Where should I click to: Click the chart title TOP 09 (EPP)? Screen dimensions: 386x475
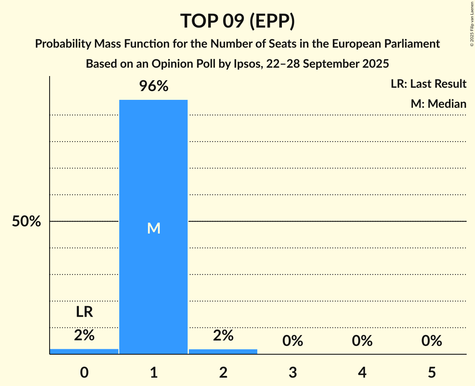237,21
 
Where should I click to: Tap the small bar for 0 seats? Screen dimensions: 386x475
84,351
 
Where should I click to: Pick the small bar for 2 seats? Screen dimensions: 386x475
223,351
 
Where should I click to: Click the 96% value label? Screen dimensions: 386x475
153,86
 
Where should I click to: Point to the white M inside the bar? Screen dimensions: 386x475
153,228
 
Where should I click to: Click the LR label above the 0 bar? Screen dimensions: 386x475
84,312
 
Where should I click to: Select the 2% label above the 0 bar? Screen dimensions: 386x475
84,335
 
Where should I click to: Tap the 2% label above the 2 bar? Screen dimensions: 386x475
223,335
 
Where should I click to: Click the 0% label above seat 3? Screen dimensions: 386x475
292,341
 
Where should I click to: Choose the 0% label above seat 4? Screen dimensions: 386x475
362,341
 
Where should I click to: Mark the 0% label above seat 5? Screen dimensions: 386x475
431,341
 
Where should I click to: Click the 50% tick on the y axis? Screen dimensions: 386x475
26,221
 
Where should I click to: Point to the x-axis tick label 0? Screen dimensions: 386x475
84,372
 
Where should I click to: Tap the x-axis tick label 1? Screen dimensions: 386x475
153,372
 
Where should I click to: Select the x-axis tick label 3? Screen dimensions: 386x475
292,372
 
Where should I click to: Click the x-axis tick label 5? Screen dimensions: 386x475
431,372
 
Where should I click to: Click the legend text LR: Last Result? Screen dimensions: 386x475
428,84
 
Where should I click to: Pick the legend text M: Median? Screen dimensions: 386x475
438,104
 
